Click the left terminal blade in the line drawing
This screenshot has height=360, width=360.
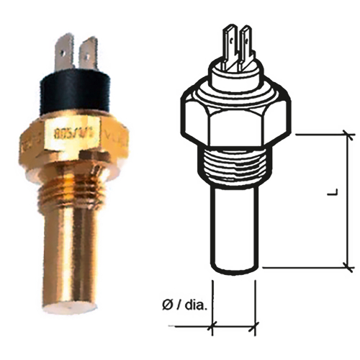(x=232, y=43)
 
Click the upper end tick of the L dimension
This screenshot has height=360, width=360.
(x=348, y=133)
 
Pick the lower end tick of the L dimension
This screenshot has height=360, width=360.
(x=348, y=267)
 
